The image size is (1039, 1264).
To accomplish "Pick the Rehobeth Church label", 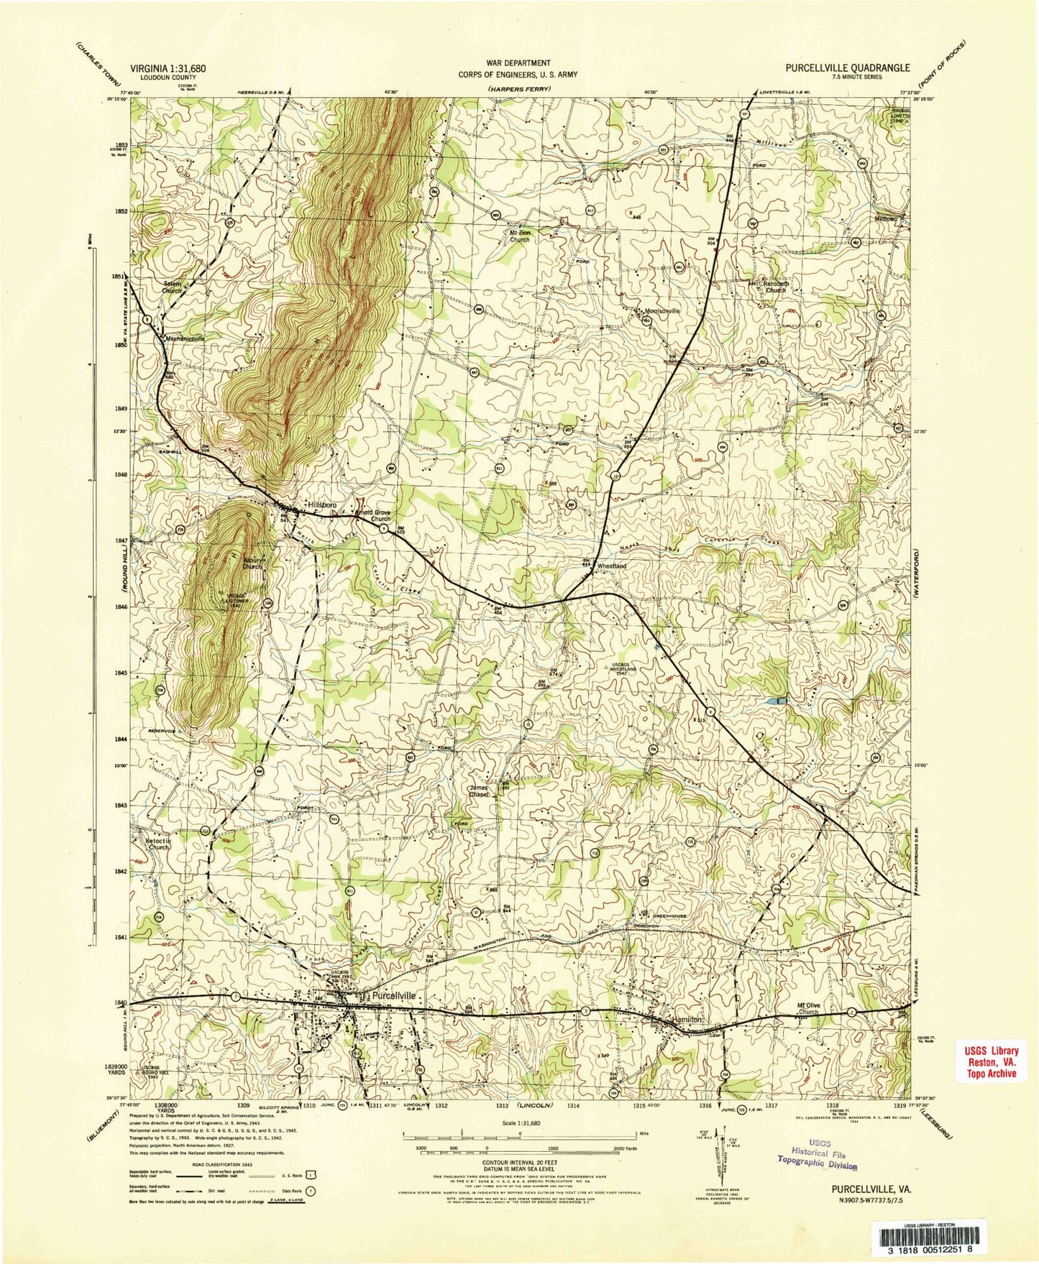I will pyautogui.click(x=776, y=287).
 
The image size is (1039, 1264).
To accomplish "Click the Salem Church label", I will pyautogui.click(x=171, y=287).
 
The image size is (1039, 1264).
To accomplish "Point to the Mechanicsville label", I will pyautogui.click(x=185, y=338).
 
